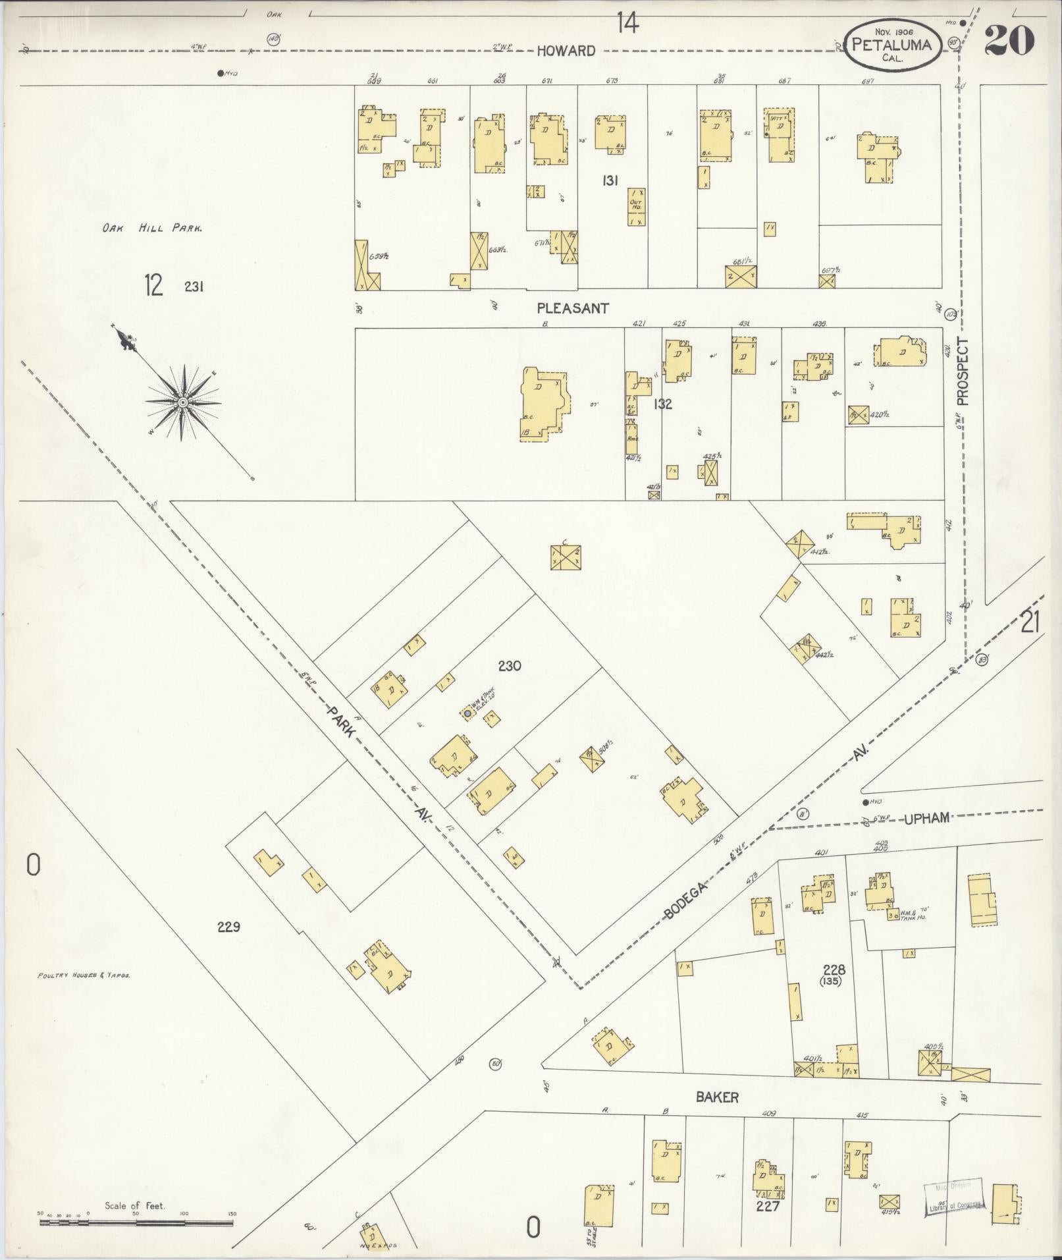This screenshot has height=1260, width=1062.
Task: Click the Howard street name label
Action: pyautogui.click(x=566, y=51)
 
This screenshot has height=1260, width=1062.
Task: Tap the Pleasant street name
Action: pyautogui.click(x=572, y=308)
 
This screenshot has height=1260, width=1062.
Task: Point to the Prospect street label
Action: pyautogui.click(x=963, y=371)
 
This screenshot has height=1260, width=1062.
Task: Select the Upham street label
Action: pyautogui.click(x=926, y=818)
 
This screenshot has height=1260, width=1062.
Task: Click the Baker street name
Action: pyautogui.click(x=717, y=1097)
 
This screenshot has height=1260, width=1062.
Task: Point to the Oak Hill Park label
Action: pyautogui.click(x=151, y=229)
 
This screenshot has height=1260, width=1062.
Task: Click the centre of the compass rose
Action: pyautogui.click(x=182, y=402)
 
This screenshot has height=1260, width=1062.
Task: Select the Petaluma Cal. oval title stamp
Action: pyautogui.click(x=893, y=44)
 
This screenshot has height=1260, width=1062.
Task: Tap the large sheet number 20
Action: pyautogui.click(x=1009, y=41)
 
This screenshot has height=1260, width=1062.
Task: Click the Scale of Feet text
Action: pyautogui.click(x=135, y=1206)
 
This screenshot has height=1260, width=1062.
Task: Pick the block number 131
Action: pyautogui.click(x=609, y=180)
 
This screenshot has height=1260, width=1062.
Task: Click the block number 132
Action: pyautogui.click(x=662, y=404)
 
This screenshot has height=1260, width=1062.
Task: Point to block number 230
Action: pyautogui.click(x=510, y=666)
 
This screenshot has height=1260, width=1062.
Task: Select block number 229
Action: pyautogui.click(x=228, y=927)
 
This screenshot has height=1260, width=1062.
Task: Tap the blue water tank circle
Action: pyautogui.click(x=467, y=713)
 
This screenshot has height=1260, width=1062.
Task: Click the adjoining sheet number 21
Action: pyautogui.click(x=1030, y=622)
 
